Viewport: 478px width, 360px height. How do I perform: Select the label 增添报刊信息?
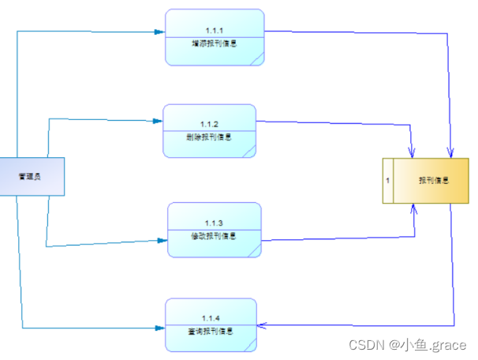[215, 43]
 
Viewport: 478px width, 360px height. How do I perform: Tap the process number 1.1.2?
[209, 125]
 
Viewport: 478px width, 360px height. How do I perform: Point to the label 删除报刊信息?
[209, 137]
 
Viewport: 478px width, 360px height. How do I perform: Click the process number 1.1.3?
[214, 223]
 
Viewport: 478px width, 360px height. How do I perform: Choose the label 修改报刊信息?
[214, 235]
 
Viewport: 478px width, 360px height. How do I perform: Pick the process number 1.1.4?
[211, 318]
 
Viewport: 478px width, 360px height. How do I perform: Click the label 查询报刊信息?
[211, 330]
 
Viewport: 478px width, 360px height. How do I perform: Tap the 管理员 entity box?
[32, 177]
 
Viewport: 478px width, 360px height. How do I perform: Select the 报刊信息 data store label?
[434, 180]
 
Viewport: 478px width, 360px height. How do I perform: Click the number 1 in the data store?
[387, 181]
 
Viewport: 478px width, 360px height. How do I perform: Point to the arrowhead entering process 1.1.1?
[160, 32]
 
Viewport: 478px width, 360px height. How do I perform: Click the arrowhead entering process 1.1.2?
[157, 121]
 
